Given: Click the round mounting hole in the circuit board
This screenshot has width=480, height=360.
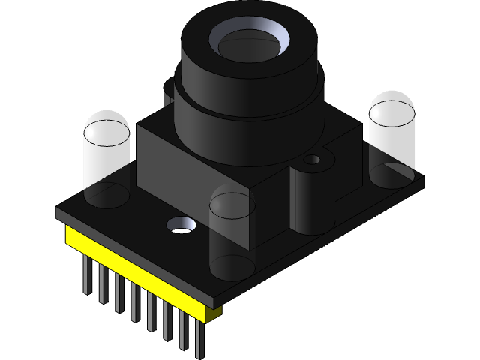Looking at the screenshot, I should (181, 224).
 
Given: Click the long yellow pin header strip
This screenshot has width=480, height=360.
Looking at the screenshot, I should (135, 271).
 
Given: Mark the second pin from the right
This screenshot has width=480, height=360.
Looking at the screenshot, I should (182, 330).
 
